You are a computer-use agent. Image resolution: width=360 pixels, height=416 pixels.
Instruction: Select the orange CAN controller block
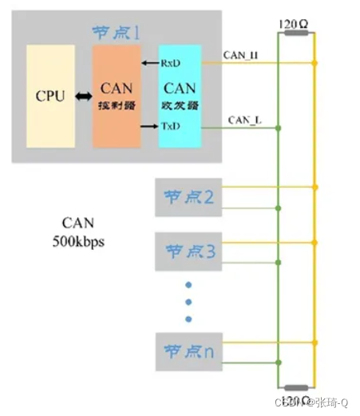tap(117, 97)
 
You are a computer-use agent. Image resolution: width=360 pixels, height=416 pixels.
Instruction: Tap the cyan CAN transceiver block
tap(180, 97)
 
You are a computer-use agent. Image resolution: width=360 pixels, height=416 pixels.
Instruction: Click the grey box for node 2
tap(188, 198)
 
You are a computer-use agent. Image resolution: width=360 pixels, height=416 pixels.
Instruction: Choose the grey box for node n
tap(188, 350)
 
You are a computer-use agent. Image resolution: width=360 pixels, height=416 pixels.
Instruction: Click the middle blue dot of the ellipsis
tap(188, 303)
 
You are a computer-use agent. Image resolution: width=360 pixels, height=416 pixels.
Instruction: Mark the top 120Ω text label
tap(295, 22)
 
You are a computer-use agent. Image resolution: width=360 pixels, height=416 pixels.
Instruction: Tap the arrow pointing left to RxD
tap(149, 62)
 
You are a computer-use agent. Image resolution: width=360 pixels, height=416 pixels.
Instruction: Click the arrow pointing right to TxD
tap(149, 126)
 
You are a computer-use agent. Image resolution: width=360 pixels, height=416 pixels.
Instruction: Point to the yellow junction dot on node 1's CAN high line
tap(316, 62)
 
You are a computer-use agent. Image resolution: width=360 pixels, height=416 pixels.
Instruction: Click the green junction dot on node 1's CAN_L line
tap(277, 126)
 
